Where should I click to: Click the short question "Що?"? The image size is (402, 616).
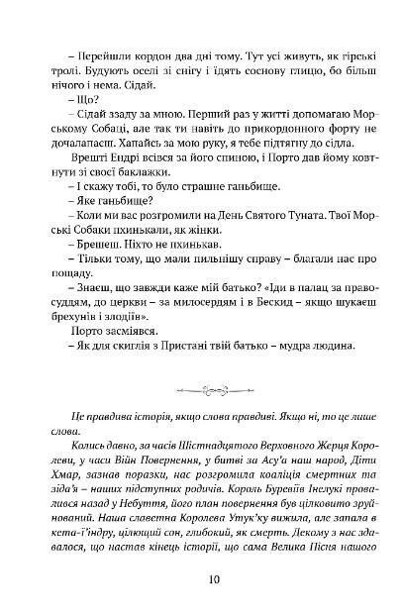click(x=75, y=104)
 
